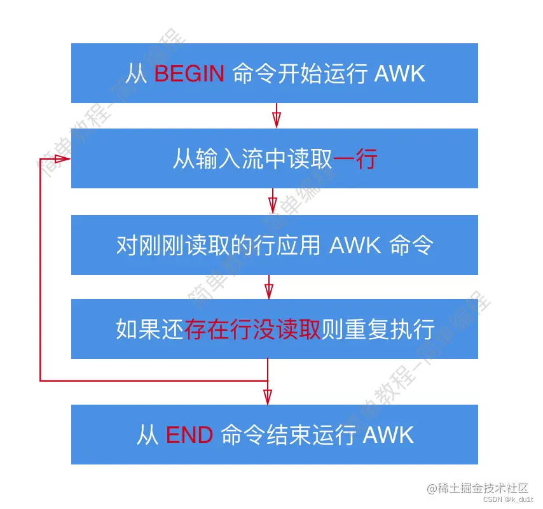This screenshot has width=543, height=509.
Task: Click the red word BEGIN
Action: [189, 74]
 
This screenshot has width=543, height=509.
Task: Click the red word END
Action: [189, 435]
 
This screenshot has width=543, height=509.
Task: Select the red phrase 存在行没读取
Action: [252, 330]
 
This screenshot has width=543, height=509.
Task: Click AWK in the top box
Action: [399, 74]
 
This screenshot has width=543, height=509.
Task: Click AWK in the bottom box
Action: [388, 435]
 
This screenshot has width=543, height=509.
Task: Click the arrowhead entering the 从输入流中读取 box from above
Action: [276, 120]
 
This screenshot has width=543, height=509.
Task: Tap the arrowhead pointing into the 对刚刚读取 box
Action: [273, 205]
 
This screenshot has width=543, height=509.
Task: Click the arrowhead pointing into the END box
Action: [268, 396]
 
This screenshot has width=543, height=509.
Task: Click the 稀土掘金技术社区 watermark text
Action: [484, 488]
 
